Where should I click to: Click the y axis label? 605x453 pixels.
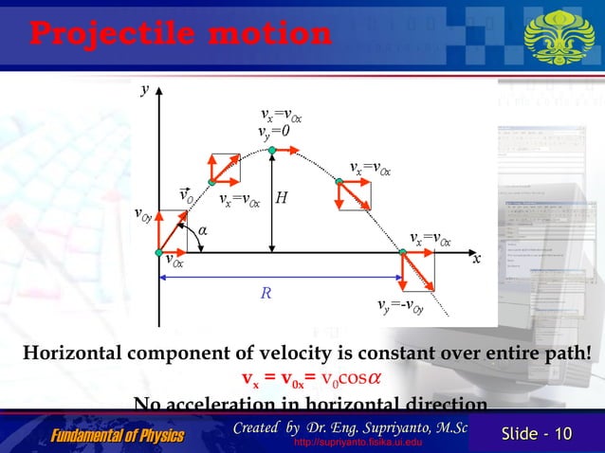(146, 89)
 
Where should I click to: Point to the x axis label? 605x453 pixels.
(476, 257)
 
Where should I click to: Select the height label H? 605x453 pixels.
(282, 199)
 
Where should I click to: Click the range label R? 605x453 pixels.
(267, 294)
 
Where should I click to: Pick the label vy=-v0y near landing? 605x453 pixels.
(398, 305)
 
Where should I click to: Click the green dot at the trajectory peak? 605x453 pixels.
(272, 150)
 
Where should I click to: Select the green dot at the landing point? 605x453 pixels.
(401, 252)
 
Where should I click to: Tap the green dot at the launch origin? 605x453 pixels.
(159, 252)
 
